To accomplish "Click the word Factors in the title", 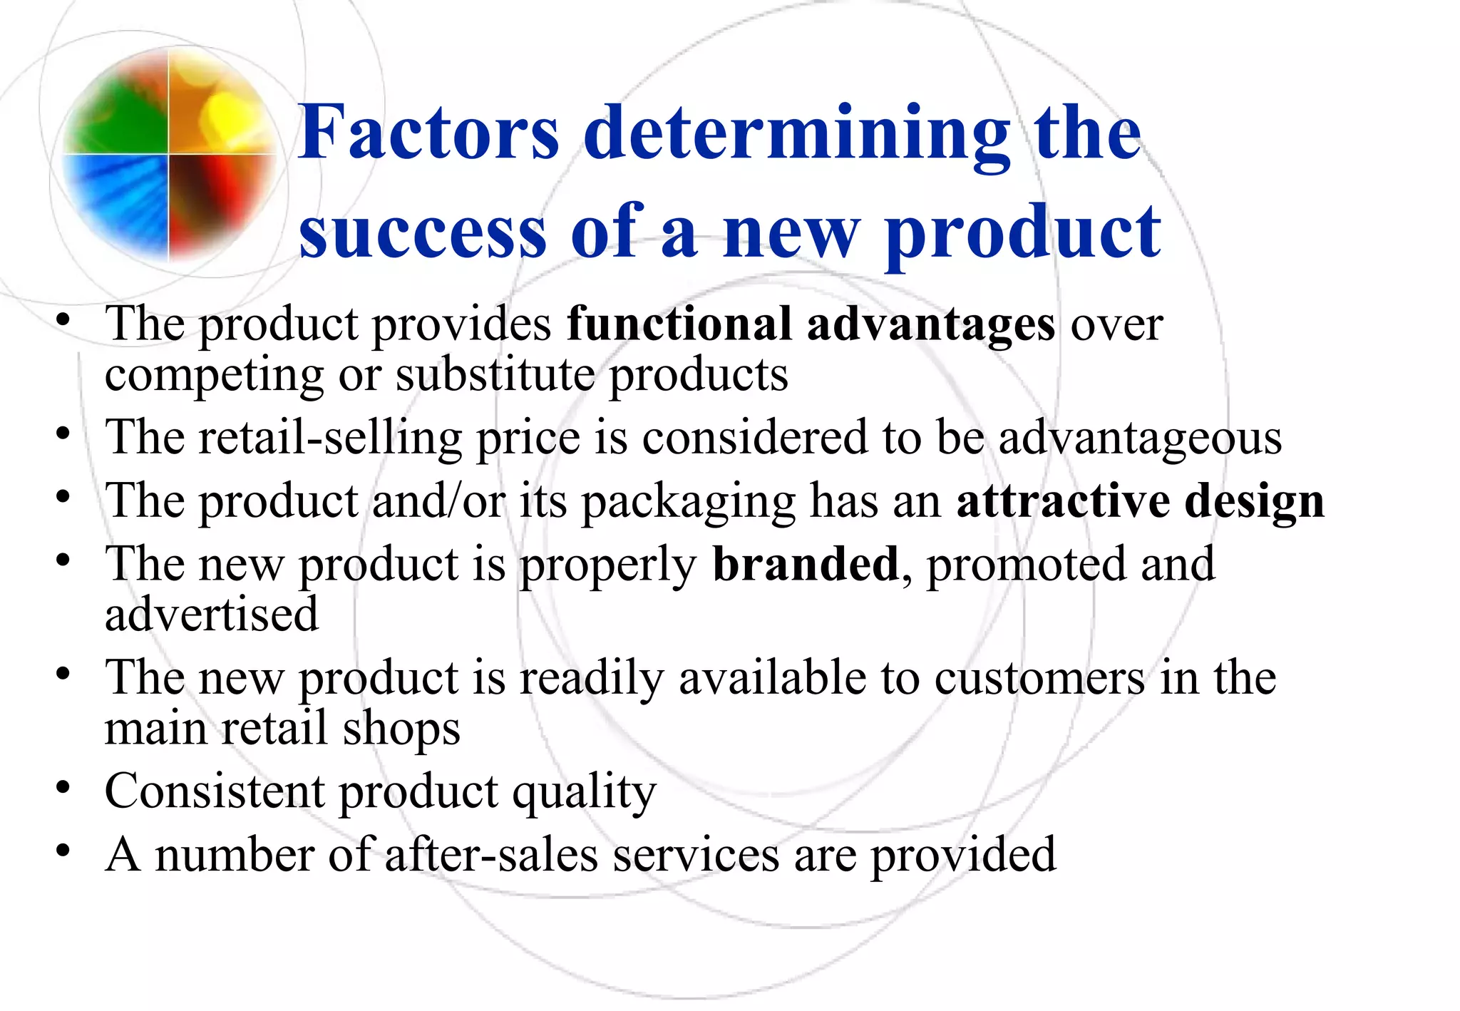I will click(428, 133).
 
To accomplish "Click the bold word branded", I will click(806, 564).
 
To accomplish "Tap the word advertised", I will click(211, 615).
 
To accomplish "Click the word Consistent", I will click(215, 791).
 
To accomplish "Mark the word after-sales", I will click(491, 855).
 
